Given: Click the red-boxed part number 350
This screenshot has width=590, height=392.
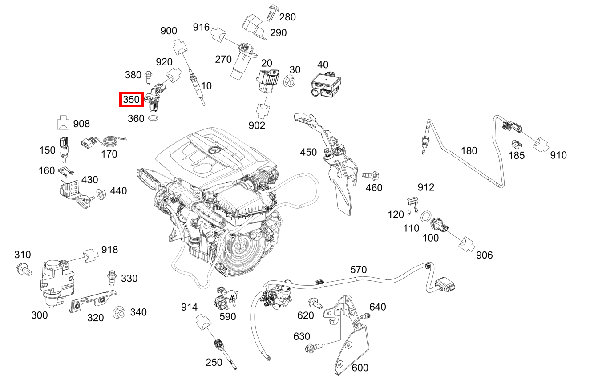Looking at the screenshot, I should [x=131, y=100].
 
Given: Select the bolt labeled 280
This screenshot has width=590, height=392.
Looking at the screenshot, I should [x=270, y=13].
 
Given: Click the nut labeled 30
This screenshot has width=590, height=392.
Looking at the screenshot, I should [x=289, y=81].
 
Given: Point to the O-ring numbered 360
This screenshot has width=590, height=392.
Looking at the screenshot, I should [x=153, y=119].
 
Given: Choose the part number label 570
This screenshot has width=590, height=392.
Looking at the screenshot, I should [x=358, y=270].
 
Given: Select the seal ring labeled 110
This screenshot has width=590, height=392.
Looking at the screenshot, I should [x=425, y=217].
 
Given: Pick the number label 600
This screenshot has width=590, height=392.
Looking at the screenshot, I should [x=360, y=368].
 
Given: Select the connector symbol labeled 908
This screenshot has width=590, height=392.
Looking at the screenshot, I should [x=64, y=123].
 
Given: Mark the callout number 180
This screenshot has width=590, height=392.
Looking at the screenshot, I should [x=469, y=150].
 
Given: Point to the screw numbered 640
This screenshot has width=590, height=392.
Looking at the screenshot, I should [x=366, y=316].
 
